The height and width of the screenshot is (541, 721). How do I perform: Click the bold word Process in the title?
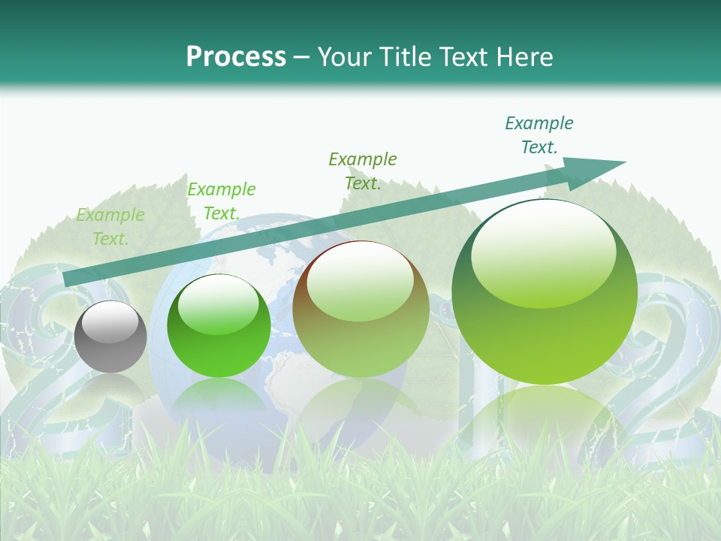[236, 57]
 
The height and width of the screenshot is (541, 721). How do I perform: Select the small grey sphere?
[110, 337]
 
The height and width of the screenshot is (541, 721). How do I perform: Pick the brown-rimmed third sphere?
[360, 309]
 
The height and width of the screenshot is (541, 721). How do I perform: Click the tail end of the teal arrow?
[66, 280]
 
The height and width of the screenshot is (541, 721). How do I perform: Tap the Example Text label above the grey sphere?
[110, 227]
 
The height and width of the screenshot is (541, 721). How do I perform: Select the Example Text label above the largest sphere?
[539, 135]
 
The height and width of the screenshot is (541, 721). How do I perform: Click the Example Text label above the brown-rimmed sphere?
[363, 171]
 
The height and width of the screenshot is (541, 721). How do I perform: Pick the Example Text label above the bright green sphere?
[222, 201]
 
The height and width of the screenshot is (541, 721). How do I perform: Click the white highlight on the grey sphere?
[110, 322]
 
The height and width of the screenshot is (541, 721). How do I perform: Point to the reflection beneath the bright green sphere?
[219, 402]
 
